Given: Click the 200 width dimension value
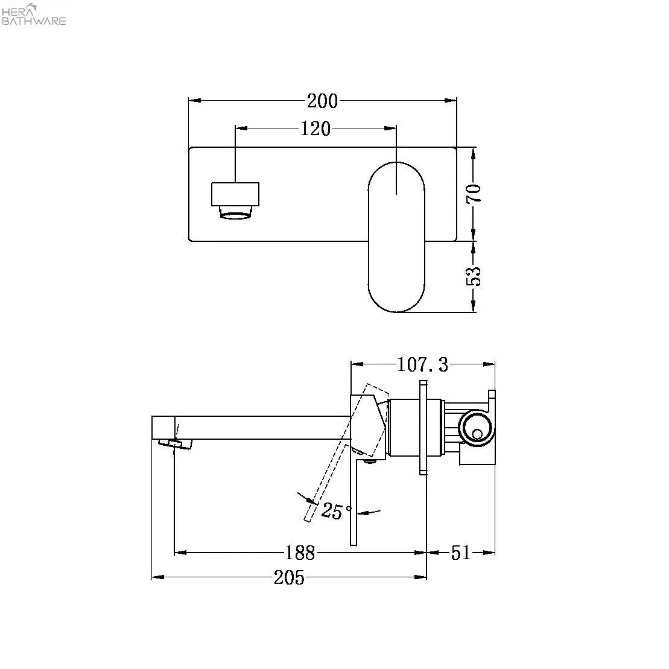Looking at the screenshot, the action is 322,101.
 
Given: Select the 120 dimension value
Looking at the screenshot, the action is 315,128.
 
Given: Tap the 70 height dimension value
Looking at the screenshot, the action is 474,194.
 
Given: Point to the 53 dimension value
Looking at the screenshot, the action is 474,276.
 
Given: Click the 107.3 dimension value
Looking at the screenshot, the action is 422,365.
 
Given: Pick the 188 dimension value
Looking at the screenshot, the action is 300,553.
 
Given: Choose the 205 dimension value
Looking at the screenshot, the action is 290,577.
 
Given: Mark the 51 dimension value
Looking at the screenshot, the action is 461,553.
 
